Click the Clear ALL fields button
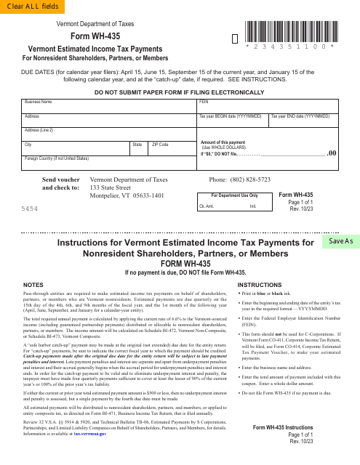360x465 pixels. pos(26,7)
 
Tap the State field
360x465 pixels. pos(140,148)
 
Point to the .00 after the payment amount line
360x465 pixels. pos(332,153)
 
